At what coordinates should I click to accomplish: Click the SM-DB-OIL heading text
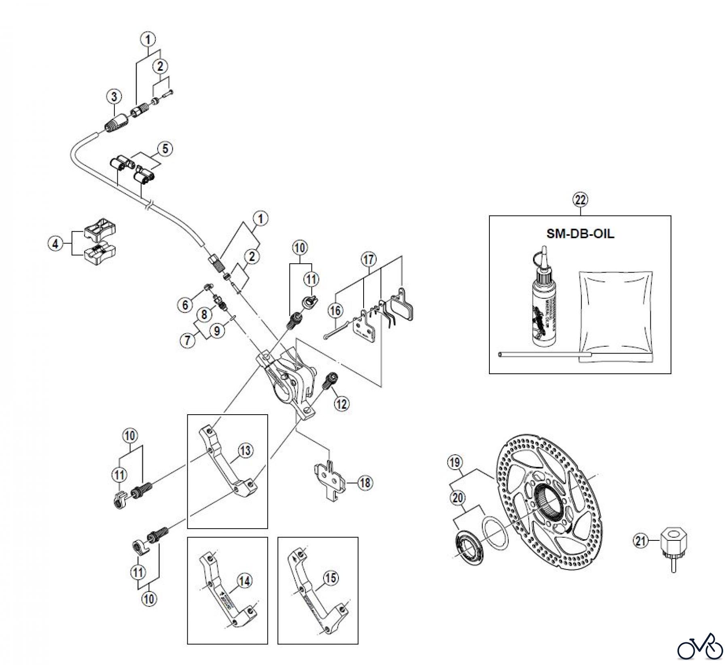pos(580,234)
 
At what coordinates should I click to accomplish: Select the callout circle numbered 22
pos(580,200)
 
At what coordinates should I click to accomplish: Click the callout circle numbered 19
pos(455,462)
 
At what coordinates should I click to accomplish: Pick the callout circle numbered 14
pos(244,581)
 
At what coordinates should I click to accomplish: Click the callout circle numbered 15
pos(331,578)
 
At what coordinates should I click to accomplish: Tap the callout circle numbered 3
pos(114,97)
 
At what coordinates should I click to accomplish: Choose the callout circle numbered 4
pos(56,244)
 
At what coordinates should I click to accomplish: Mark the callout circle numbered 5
pos(165,149)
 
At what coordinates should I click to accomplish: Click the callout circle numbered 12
pos(342,403)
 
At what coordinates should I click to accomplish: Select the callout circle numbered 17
pos(368,259)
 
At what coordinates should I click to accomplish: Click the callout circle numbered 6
pos(185,305)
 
